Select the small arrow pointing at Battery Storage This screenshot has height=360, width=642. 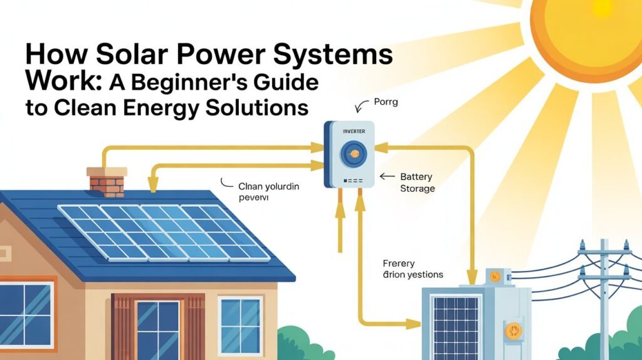(387, 177)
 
